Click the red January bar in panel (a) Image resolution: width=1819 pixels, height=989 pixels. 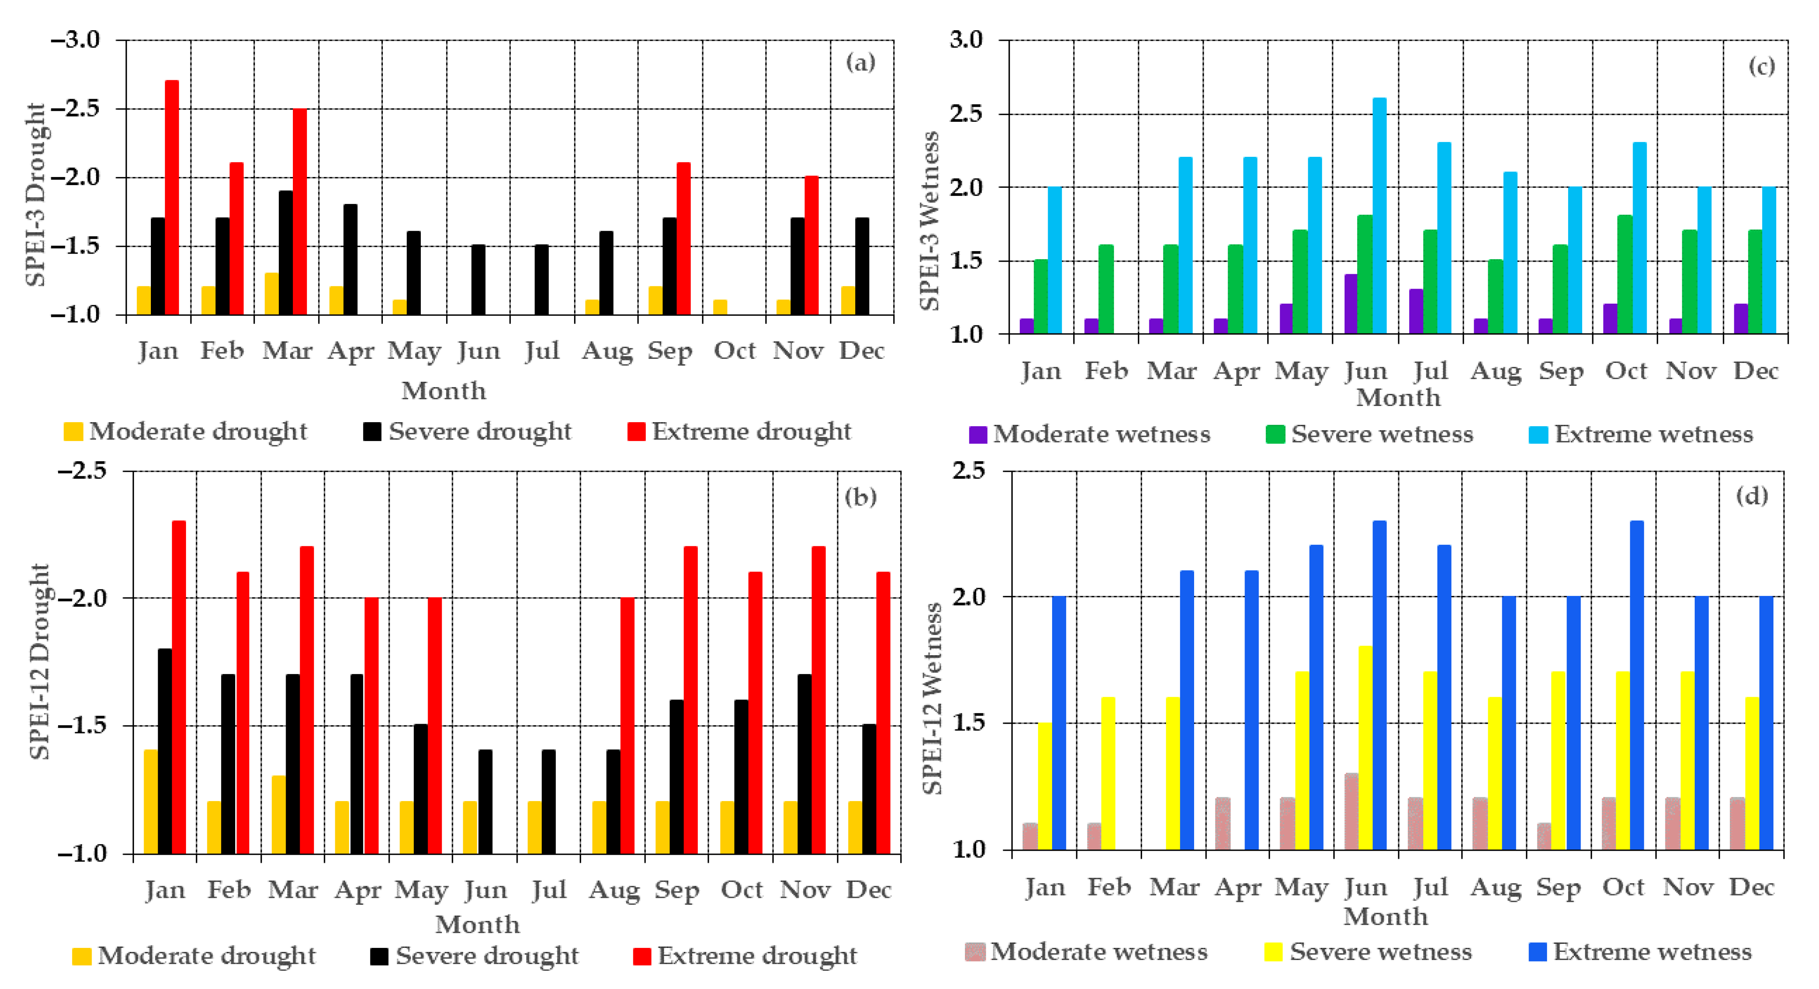171,198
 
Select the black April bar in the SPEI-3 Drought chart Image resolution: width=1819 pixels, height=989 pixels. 350,259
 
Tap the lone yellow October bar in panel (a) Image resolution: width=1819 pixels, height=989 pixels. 720,307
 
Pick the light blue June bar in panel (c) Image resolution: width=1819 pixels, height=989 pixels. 1379,215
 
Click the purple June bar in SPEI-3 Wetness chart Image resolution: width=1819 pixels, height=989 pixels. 1351,304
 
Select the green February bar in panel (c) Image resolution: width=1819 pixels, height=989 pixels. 1106,289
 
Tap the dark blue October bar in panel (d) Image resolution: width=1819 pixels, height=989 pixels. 1637,685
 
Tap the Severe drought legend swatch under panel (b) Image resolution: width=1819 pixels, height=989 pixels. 379,956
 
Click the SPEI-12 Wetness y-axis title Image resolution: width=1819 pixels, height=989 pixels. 933,699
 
